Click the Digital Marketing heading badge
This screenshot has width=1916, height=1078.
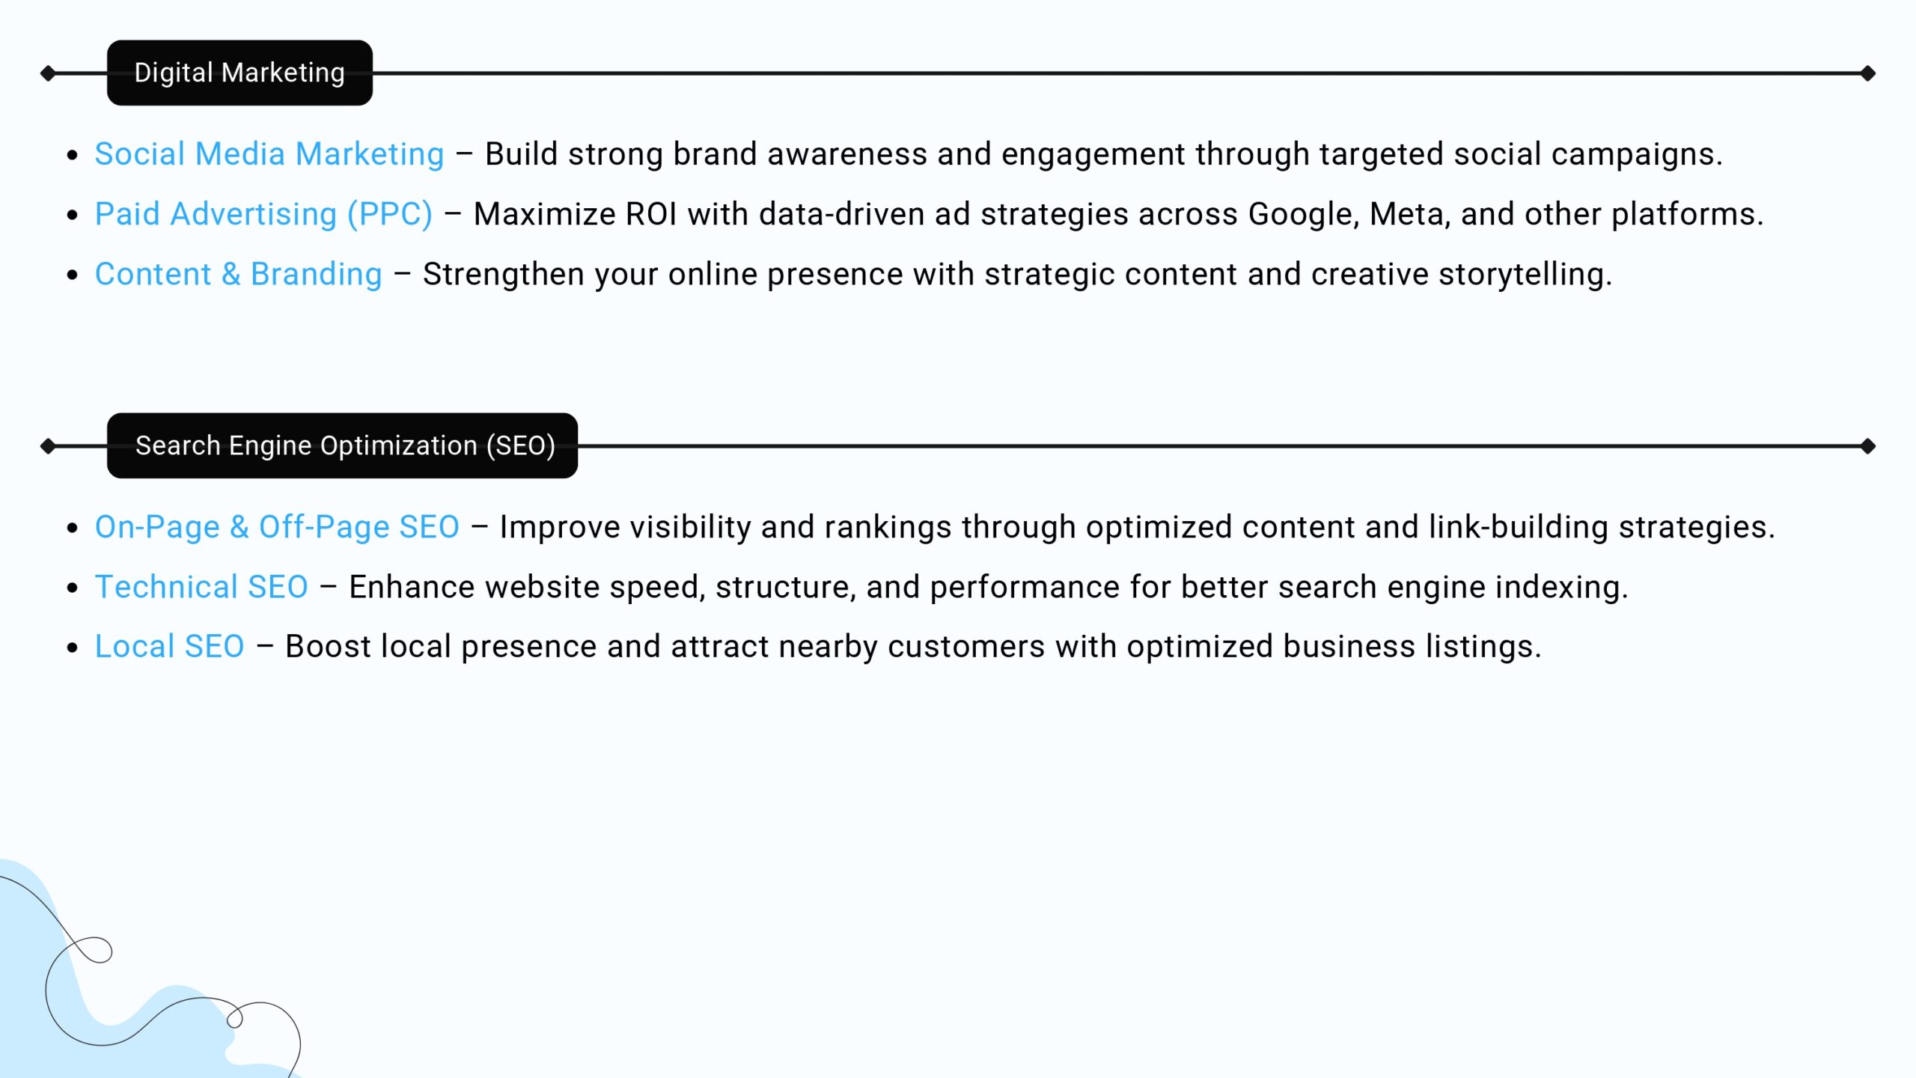[x=239, y=73]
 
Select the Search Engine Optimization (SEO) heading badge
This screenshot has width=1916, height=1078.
[x=342, y=445]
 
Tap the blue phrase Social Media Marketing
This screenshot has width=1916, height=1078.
[x=269, y=154]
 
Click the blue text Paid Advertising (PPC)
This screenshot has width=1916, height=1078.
[x=263, y=214]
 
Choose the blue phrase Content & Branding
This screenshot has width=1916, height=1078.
[x=239, y=274]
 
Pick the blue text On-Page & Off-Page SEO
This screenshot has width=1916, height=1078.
[x=277, y=527]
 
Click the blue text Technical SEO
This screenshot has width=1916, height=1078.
[x=201, y=587]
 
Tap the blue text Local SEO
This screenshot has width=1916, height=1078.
[x=170, y=646]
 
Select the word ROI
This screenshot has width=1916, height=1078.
[x=651, y=214]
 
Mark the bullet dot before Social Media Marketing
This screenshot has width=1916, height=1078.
[x=73, y=155]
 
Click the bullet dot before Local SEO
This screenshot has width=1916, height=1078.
[x=73, y=647]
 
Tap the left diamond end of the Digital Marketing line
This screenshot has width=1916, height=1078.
[x=48, y=73]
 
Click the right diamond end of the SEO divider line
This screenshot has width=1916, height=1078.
[x=1868, y=446]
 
